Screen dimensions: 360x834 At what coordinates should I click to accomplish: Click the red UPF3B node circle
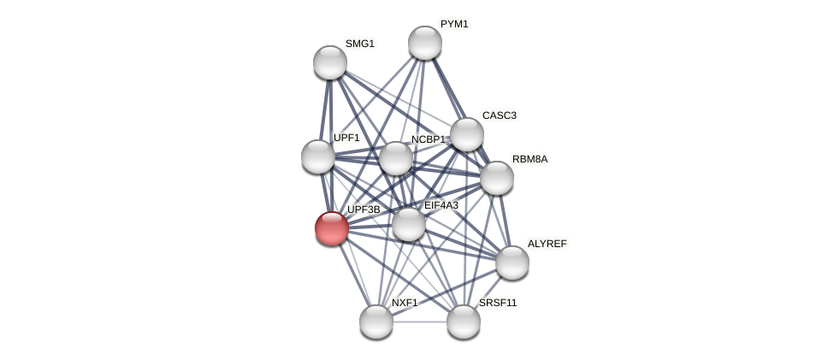coord(332,228)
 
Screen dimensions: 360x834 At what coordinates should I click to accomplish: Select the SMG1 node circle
coord(330,62)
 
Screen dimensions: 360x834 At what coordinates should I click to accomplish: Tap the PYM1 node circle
coord(425,43)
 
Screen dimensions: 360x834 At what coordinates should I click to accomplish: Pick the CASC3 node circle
coord(467,134)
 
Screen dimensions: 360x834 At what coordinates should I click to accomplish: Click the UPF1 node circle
coord(318,156)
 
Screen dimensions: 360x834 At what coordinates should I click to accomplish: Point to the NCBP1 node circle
coord(396,158)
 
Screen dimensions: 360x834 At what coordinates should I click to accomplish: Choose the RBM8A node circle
coord(497,178)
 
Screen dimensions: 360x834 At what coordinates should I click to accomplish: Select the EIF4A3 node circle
coord(409,224)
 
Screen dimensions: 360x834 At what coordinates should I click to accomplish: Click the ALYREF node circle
coord(512,263)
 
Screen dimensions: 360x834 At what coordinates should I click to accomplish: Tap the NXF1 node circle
coord(376,322)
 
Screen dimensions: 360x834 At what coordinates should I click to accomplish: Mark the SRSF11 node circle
coord(464,322)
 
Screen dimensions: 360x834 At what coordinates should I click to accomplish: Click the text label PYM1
coord(454,24)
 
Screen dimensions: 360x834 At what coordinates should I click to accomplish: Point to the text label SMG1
coord(360,44)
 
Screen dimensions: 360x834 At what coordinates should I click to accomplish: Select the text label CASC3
coord(499,115)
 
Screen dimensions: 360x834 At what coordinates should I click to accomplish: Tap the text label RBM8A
coord(529,159)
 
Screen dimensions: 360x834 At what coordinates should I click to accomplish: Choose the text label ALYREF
coord(547,244)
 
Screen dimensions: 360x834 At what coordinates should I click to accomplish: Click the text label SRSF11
coord(498,303)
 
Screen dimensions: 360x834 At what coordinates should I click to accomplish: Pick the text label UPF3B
coord(364,210)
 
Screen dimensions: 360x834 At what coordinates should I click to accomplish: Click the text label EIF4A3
coord(441,205)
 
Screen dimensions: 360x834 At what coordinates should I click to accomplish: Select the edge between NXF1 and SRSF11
coord(420,322)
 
